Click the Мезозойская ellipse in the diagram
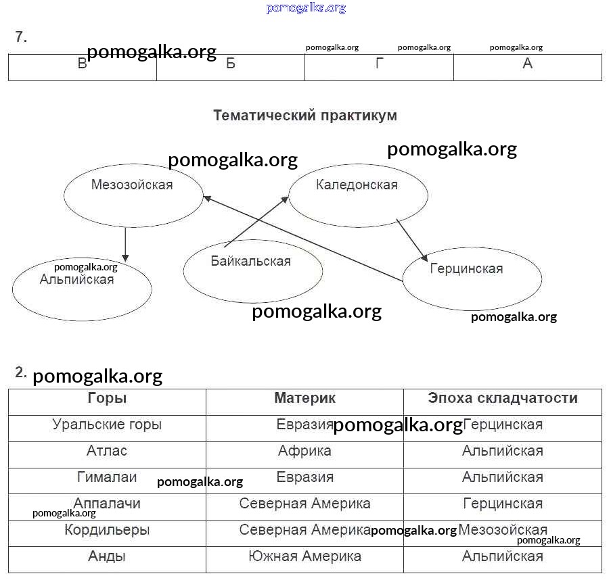[133, 195]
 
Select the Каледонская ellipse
[358, 195]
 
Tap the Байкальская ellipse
[252, 271]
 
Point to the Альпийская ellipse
[82, 289]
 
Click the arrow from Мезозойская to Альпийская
[125, 244]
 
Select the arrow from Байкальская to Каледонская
[256, 221]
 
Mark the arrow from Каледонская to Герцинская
[411, 239]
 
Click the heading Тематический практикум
[305, 116]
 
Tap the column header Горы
[107, 399]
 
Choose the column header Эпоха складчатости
[503, 399]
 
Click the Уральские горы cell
[107, 425]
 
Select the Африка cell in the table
[304, 452]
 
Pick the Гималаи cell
[107, 478]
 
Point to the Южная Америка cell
[304, 557]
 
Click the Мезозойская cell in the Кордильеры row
[503, 531]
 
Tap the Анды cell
[107, 557]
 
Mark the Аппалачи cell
[107, 504]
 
